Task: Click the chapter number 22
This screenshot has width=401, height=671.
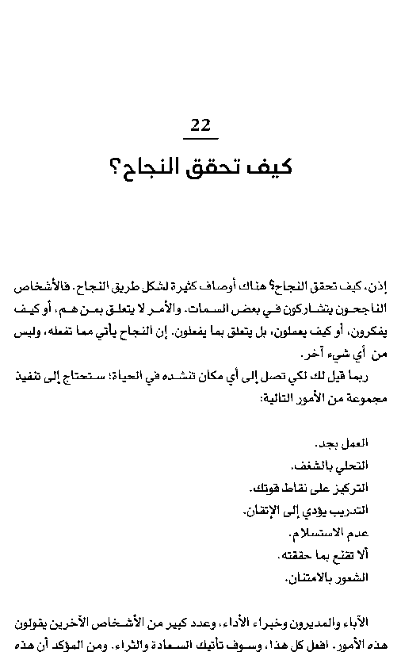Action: click(200, 125)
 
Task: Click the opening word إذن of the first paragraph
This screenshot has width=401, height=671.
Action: click(384, 285)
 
